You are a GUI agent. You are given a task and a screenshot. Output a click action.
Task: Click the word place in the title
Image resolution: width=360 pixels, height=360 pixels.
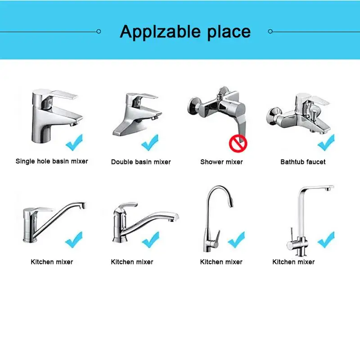tap(229, 32)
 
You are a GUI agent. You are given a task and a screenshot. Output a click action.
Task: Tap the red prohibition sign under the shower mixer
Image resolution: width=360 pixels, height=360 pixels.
tap(238, 144)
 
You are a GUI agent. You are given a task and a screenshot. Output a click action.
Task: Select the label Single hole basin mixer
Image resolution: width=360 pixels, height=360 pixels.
tap(52, 161)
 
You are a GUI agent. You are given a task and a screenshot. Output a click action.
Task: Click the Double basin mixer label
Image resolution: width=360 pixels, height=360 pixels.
tap(141, 162)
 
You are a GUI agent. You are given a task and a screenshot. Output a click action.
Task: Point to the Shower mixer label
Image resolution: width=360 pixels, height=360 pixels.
tap(221, 162)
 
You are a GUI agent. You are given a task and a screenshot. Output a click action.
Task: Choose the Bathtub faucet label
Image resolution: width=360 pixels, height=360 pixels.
tap(303, 162)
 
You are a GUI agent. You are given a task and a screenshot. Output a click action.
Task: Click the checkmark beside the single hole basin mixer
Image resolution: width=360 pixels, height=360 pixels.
tap(74, 143)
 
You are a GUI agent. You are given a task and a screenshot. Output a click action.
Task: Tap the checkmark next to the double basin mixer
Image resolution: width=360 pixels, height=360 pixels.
tap(150, 143)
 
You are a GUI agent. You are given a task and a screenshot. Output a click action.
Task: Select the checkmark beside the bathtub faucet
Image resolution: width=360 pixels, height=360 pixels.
tap(326, 143)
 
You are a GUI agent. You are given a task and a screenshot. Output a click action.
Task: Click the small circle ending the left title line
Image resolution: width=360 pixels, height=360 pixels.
tap(99, 31)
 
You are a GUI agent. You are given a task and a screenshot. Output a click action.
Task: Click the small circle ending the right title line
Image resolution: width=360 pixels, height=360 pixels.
tap(270, 31)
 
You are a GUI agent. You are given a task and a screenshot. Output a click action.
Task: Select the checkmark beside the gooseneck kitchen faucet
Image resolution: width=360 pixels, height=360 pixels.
tap(237, 239)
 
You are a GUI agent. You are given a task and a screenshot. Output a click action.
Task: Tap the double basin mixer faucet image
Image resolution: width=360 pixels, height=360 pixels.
tap(137, 114)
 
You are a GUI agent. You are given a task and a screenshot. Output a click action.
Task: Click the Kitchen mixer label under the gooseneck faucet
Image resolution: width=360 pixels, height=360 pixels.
tap(221, 262)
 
